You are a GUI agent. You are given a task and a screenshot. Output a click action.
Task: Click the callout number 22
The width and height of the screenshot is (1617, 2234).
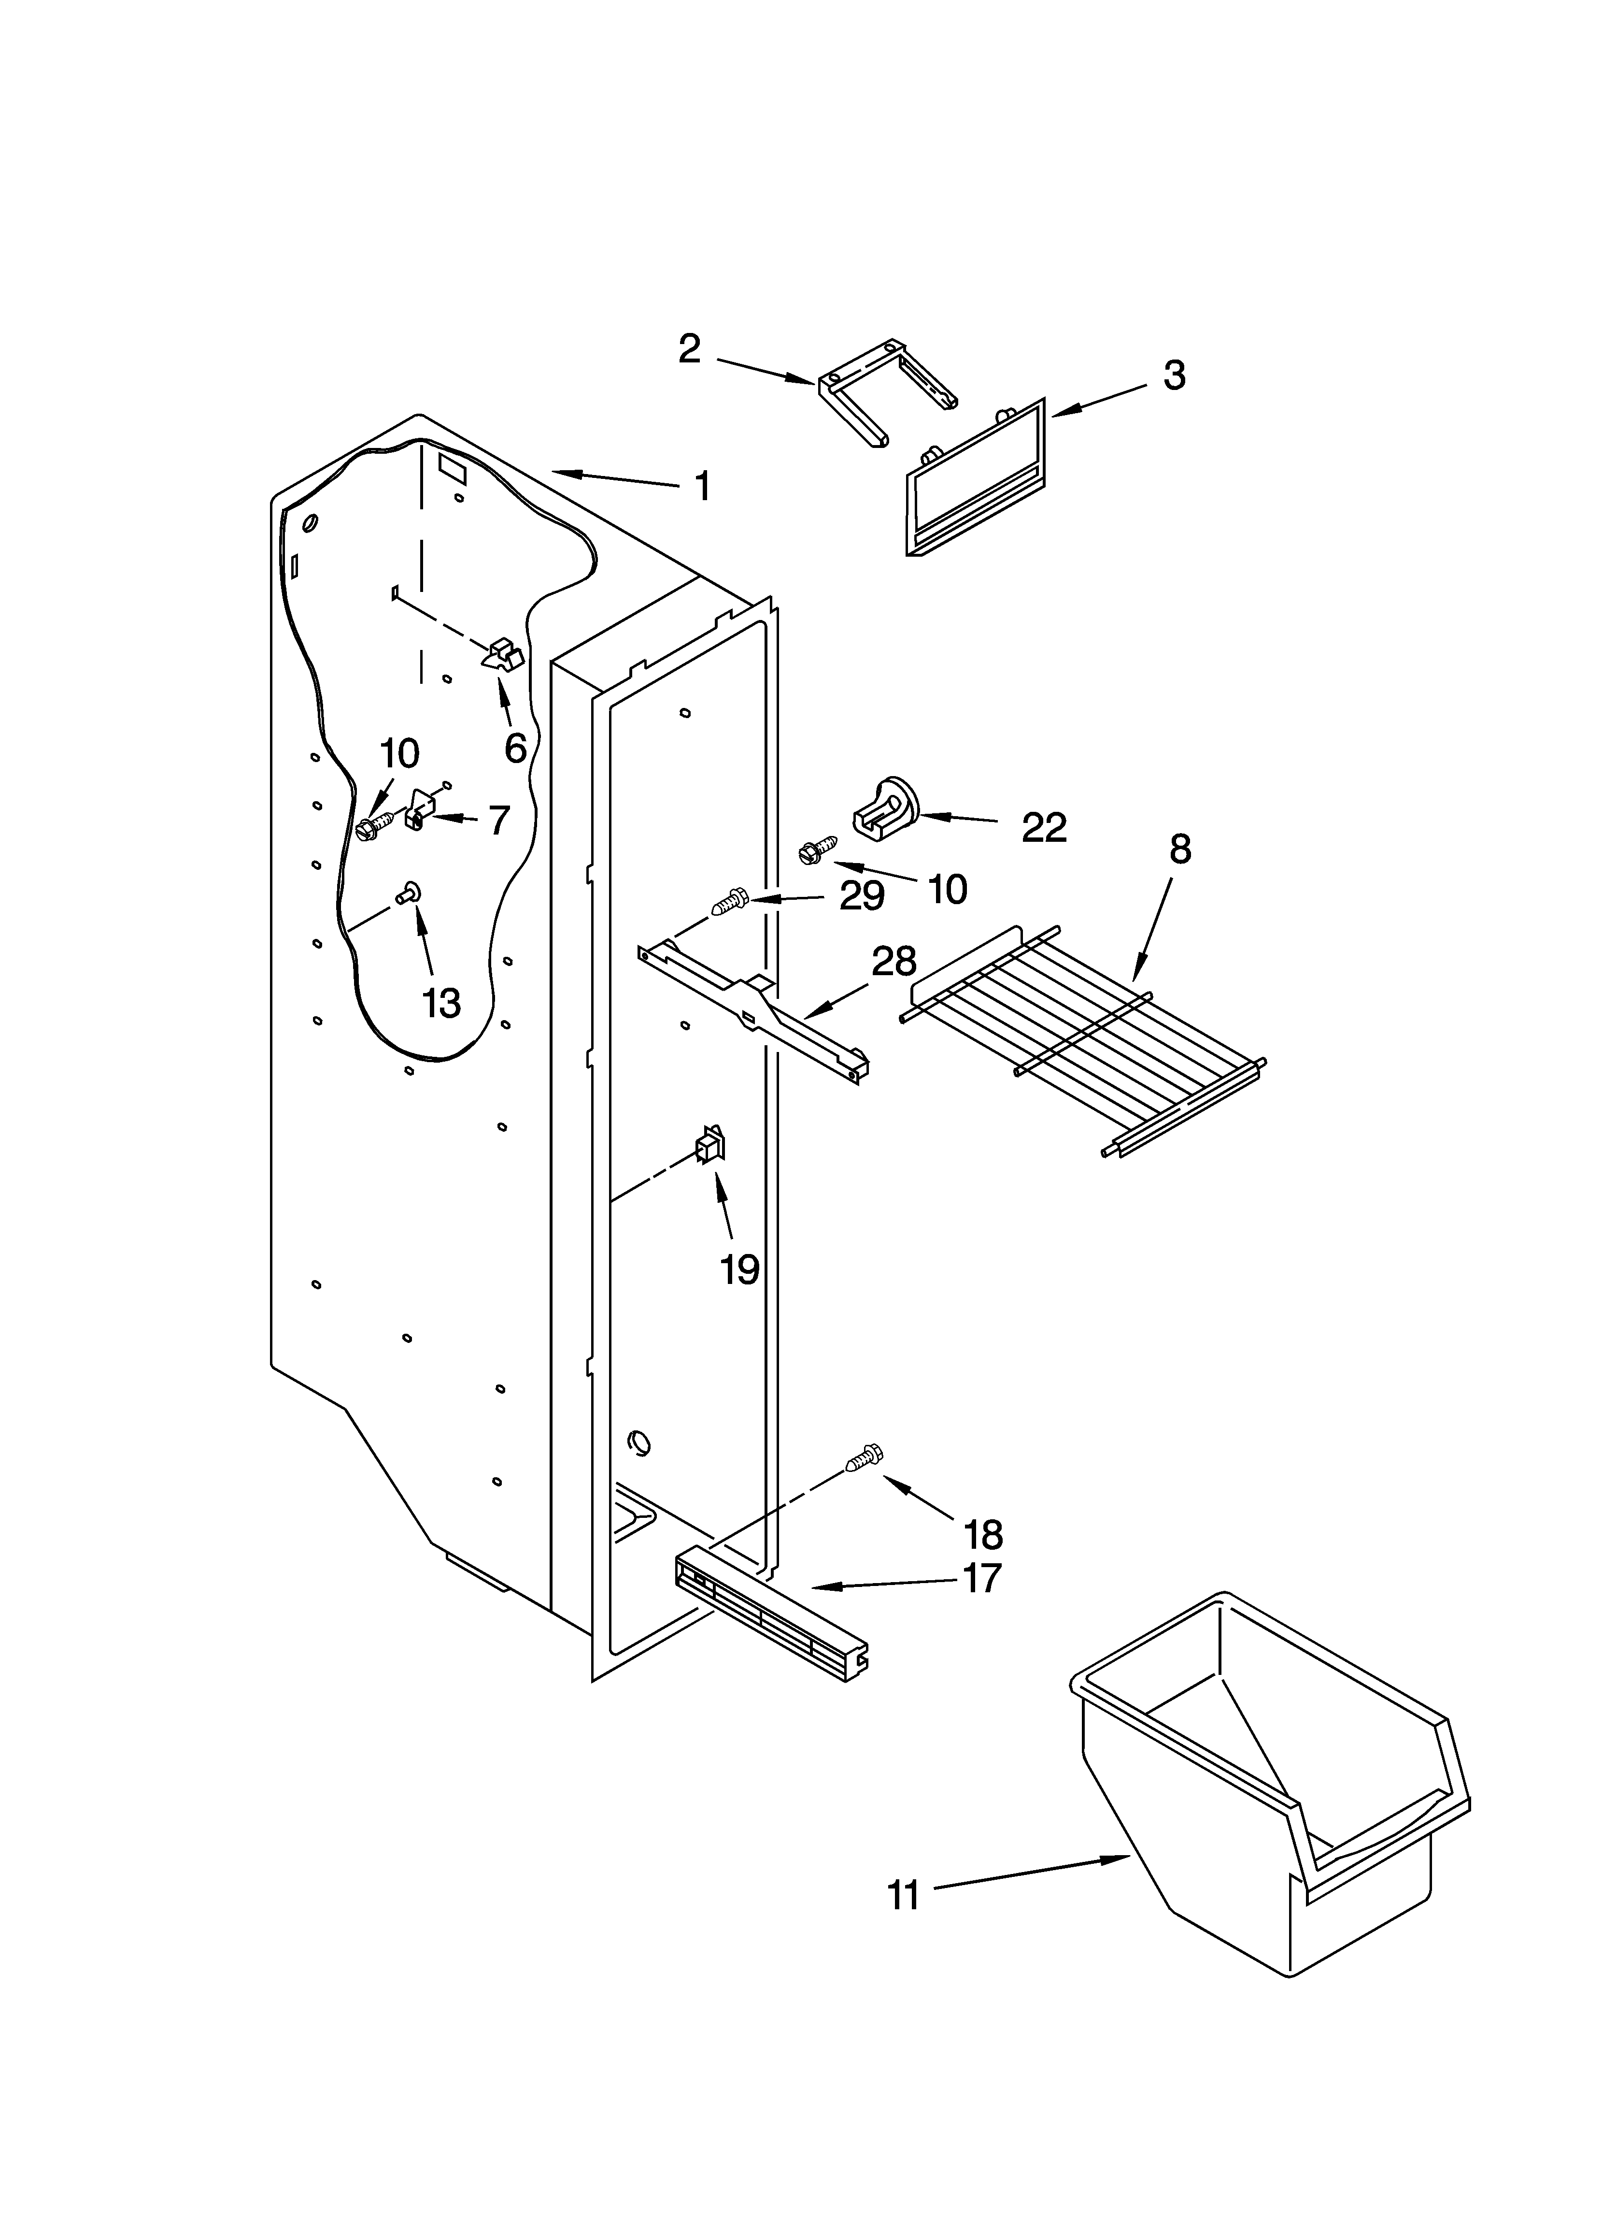click(1044, 828)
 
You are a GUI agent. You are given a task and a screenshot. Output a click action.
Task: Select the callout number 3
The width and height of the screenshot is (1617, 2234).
click(1174, 375)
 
